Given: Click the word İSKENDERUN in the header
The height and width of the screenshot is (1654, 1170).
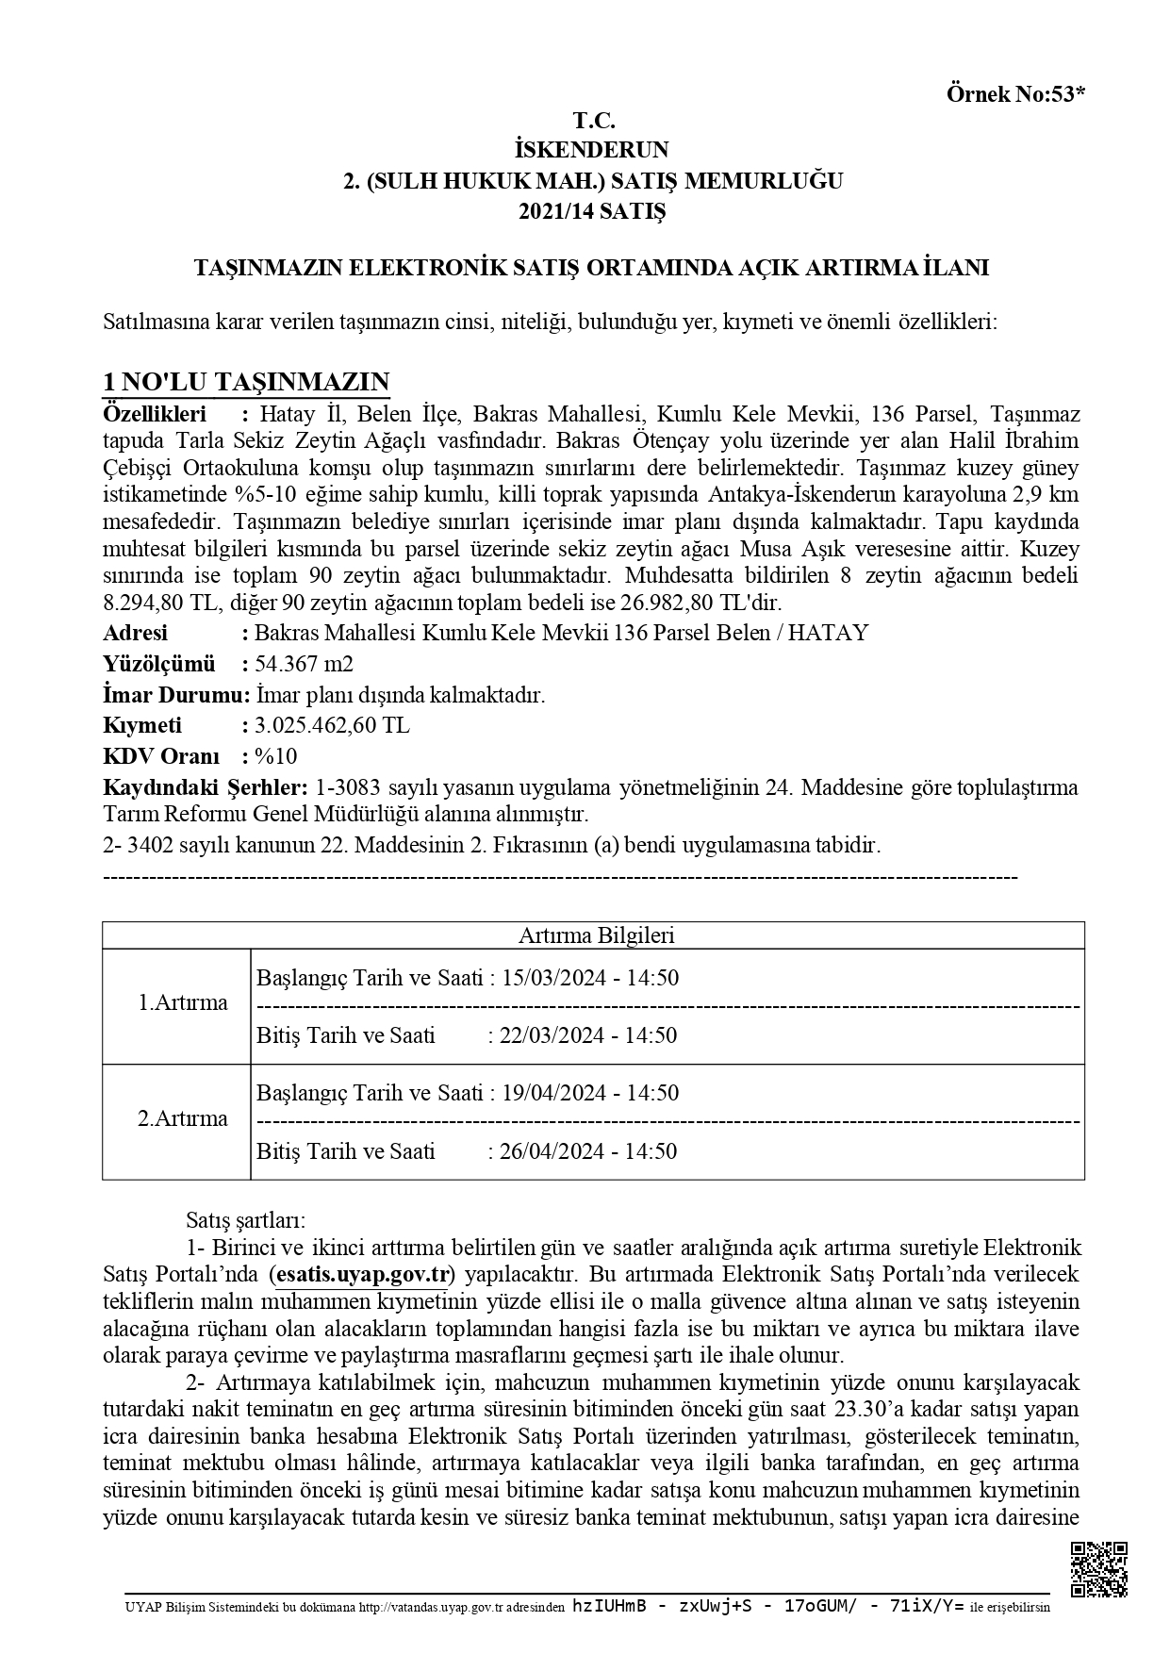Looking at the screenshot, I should (592, 149).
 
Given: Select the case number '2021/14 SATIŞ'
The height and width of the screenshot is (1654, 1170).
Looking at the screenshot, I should (592, 211).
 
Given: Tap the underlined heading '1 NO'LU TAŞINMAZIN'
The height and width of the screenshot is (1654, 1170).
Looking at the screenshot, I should (245, 382).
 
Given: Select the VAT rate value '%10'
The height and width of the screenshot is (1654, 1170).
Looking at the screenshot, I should (276, 756).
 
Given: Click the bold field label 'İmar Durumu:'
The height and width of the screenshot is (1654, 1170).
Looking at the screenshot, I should (175, 695).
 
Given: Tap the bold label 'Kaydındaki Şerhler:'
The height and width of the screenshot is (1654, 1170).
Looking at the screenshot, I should (205, 786).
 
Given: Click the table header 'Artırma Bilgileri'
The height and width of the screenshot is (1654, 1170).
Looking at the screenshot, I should (596, 935).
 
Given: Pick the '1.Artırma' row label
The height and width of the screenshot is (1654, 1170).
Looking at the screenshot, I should (183, 1002).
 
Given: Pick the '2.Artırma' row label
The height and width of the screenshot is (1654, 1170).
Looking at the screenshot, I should (183, 1118).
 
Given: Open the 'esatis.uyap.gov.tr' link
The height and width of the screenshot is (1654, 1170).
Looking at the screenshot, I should (361, 1275).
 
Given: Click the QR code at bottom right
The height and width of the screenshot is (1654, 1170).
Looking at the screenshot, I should (1099, 1568).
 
